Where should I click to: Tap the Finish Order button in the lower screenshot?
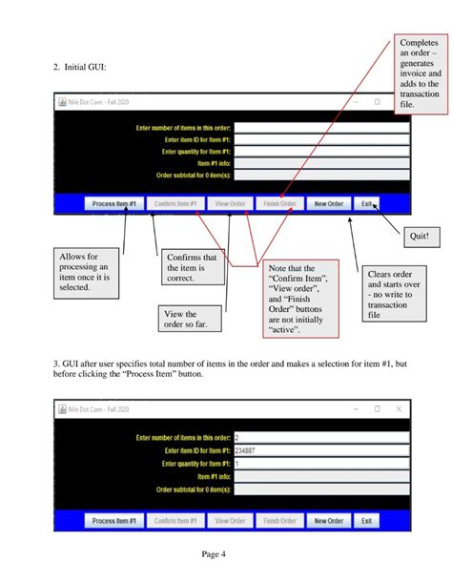[x=280, y=521]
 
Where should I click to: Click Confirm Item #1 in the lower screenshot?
[x=175, y=521]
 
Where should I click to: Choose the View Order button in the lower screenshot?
[x=230, y=521]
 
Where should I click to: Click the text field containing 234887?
[x=320, y=450]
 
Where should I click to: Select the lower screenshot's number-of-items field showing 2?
[x=320, y=437]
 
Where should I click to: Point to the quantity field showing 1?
[x=320, y=463]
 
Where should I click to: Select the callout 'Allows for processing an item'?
[x=84, y=273]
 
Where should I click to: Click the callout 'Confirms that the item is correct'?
[x=192, y=268]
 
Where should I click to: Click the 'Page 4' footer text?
[x=214, y=553]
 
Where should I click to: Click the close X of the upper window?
[x=399, y=101]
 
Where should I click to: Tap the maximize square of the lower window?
[x=377, y=408]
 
